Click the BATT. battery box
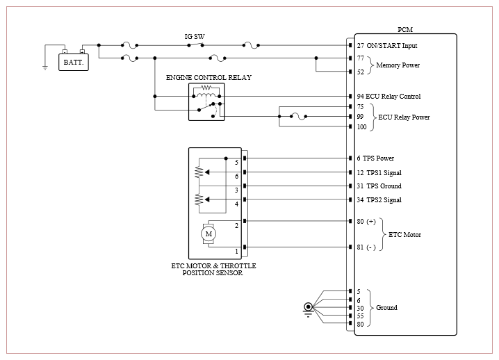(74, 62)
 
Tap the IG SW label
(195, 37)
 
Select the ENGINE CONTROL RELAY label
(208, 77)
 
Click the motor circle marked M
(208, 234)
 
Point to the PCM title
(405, 30)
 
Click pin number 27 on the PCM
(360, 45)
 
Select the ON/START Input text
(392, 45)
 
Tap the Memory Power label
(398, 65)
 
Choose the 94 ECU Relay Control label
(388, 96)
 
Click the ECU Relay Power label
(404, 117)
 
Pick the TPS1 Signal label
(384, 172)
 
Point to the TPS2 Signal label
(384, 200)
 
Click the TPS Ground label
(384, 186)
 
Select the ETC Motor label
(404, 235)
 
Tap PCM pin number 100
(361, 126)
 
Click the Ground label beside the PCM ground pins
(386, 307)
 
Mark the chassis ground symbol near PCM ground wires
(308, 309)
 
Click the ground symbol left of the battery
(45, 67)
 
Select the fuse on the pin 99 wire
(299, 117)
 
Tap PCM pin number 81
(360, 247)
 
